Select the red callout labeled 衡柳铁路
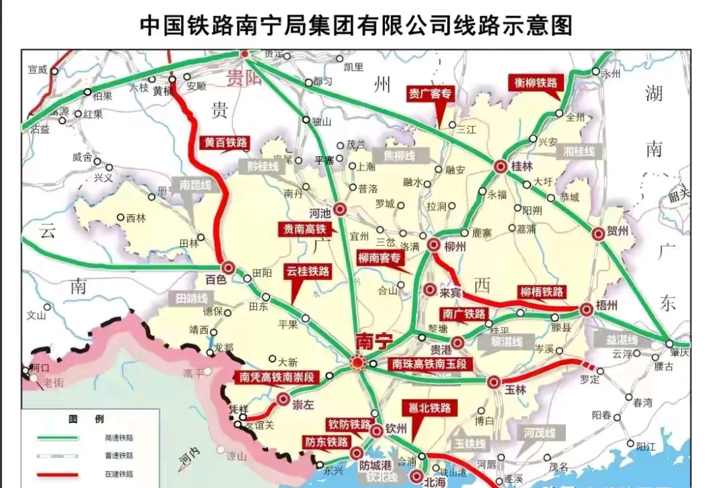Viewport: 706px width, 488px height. [x=532, y=83]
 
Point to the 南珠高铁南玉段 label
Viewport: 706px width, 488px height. [x=429, y=363]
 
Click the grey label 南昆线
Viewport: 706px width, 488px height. [x=195, y=184]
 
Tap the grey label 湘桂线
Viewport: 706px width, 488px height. [x=579, y=152]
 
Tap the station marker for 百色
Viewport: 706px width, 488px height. [x=229, y=267]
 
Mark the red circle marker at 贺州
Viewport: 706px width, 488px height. [x=598, y=234]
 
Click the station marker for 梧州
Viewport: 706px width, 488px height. [x=587, y=309]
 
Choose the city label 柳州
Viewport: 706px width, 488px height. [x=455, y=246]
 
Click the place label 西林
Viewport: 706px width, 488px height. [x=135, y=217]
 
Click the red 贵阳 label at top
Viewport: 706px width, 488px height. [x=244, y=75]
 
